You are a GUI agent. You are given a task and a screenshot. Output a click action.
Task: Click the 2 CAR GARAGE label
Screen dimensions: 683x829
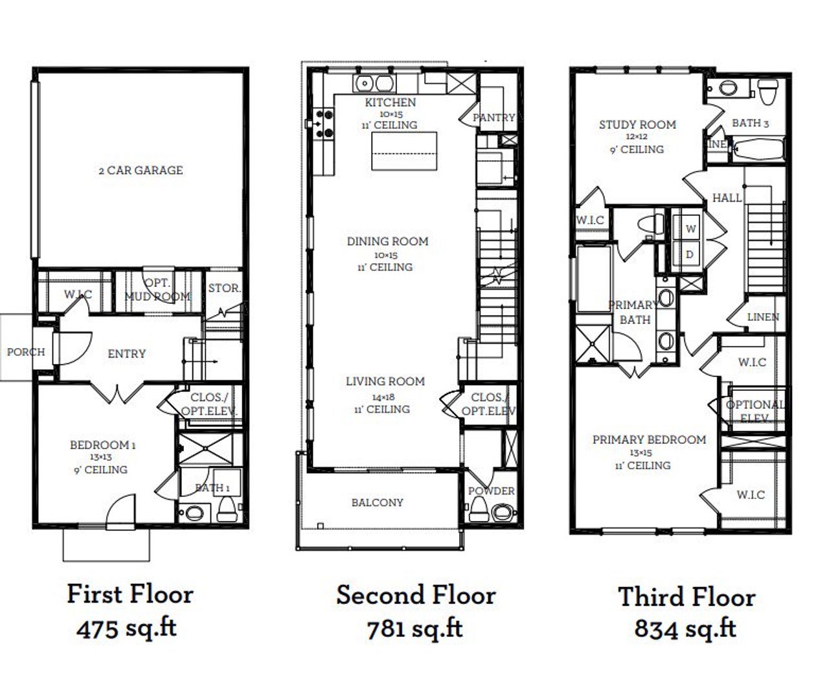141,170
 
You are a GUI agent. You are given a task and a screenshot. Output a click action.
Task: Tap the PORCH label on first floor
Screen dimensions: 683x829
26,352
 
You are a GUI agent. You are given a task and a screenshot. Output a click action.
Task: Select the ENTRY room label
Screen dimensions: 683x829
126,353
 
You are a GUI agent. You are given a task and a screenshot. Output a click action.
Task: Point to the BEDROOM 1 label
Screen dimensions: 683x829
102,445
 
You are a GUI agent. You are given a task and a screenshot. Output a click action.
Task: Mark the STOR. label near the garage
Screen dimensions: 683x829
224,288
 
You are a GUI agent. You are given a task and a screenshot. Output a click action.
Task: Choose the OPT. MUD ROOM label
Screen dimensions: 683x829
157,290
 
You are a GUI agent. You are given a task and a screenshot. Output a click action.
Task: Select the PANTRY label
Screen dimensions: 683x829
494,117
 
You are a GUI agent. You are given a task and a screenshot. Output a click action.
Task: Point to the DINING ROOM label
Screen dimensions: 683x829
387,242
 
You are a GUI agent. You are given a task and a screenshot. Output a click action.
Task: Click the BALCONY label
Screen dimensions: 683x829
377,502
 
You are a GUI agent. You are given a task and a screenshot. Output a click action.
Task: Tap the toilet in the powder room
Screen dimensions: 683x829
478,512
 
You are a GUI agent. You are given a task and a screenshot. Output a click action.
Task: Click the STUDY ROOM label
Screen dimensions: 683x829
637,124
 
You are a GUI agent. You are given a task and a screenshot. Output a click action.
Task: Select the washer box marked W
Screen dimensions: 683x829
690,229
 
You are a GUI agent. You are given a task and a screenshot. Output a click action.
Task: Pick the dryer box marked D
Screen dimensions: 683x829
690,255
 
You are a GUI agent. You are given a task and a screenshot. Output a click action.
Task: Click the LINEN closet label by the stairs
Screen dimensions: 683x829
763,318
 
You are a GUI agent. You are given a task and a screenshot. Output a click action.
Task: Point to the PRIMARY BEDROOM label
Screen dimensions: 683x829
649,439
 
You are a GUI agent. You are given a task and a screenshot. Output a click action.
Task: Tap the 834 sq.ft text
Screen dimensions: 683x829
685,628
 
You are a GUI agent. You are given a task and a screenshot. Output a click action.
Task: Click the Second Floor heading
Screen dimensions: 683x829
416,595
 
